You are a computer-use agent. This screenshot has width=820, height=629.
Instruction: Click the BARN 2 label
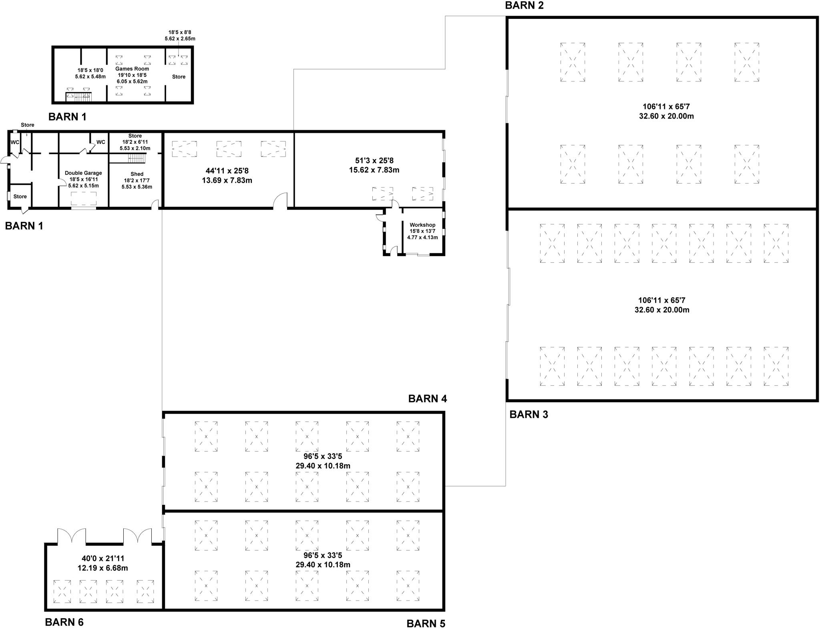[x=525, y=6]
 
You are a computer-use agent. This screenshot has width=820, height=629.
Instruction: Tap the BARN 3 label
[x=529, y=415]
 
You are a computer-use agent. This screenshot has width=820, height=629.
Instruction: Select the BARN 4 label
[x=428, y=399]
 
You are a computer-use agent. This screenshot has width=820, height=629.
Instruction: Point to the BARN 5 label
[x=426, y=624]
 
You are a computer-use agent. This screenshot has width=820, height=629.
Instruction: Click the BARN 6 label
[x=64, y=622]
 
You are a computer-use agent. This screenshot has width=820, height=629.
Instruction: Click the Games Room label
[x=132, y=69]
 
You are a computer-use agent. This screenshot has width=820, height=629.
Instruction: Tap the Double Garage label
[x=83, y=173]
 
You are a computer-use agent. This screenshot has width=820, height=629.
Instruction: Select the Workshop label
[x=422, y=225]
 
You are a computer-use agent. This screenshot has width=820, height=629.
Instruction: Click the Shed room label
[x=137, y=174]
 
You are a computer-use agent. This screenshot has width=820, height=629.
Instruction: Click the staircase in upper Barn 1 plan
[x=79, y=97]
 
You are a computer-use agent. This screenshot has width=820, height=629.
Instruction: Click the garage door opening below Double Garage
[x=84, y=208]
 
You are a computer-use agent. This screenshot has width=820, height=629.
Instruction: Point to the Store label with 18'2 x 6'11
[x=135, y=136]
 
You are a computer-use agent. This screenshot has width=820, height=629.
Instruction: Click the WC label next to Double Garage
[x=101, y=142]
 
